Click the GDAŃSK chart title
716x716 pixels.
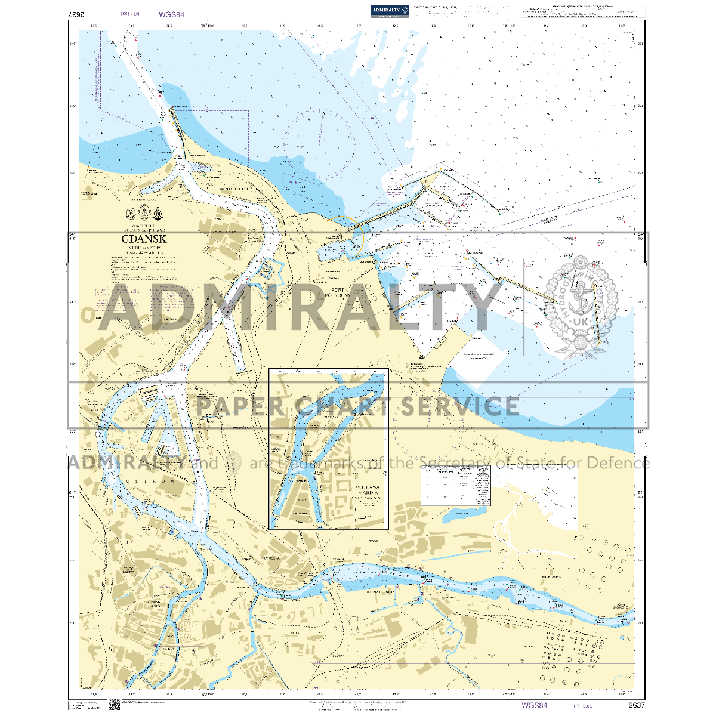coord(144,239)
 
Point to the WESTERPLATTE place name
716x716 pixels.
coord(236,189)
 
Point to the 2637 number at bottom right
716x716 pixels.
coord(636,705)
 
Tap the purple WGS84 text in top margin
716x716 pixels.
coord(171,13)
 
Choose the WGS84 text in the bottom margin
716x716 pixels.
coord(534,705)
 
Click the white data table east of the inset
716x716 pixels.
coord(456,484)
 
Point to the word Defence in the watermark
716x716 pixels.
coord(618,463)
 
